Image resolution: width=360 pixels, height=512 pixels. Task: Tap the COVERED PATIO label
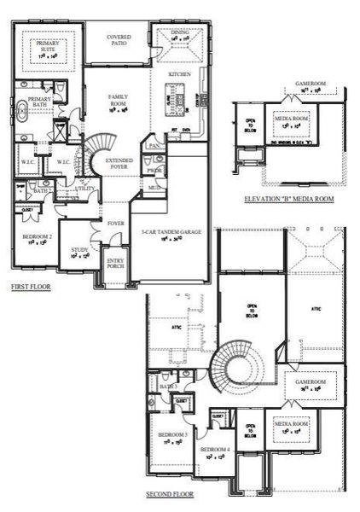[x=119, y=39]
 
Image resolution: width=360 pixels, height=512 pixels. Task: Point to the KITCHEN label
[x=180, y=75]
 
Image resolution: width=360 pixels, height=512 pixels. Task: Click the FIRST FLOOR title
[x=30, y=288]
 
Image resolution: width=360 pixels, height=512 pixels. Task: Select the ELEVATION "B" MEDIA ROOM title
[x=289, y=198]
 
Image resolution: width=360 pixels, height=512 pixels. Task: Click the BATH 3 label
[x=167, y=387]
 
